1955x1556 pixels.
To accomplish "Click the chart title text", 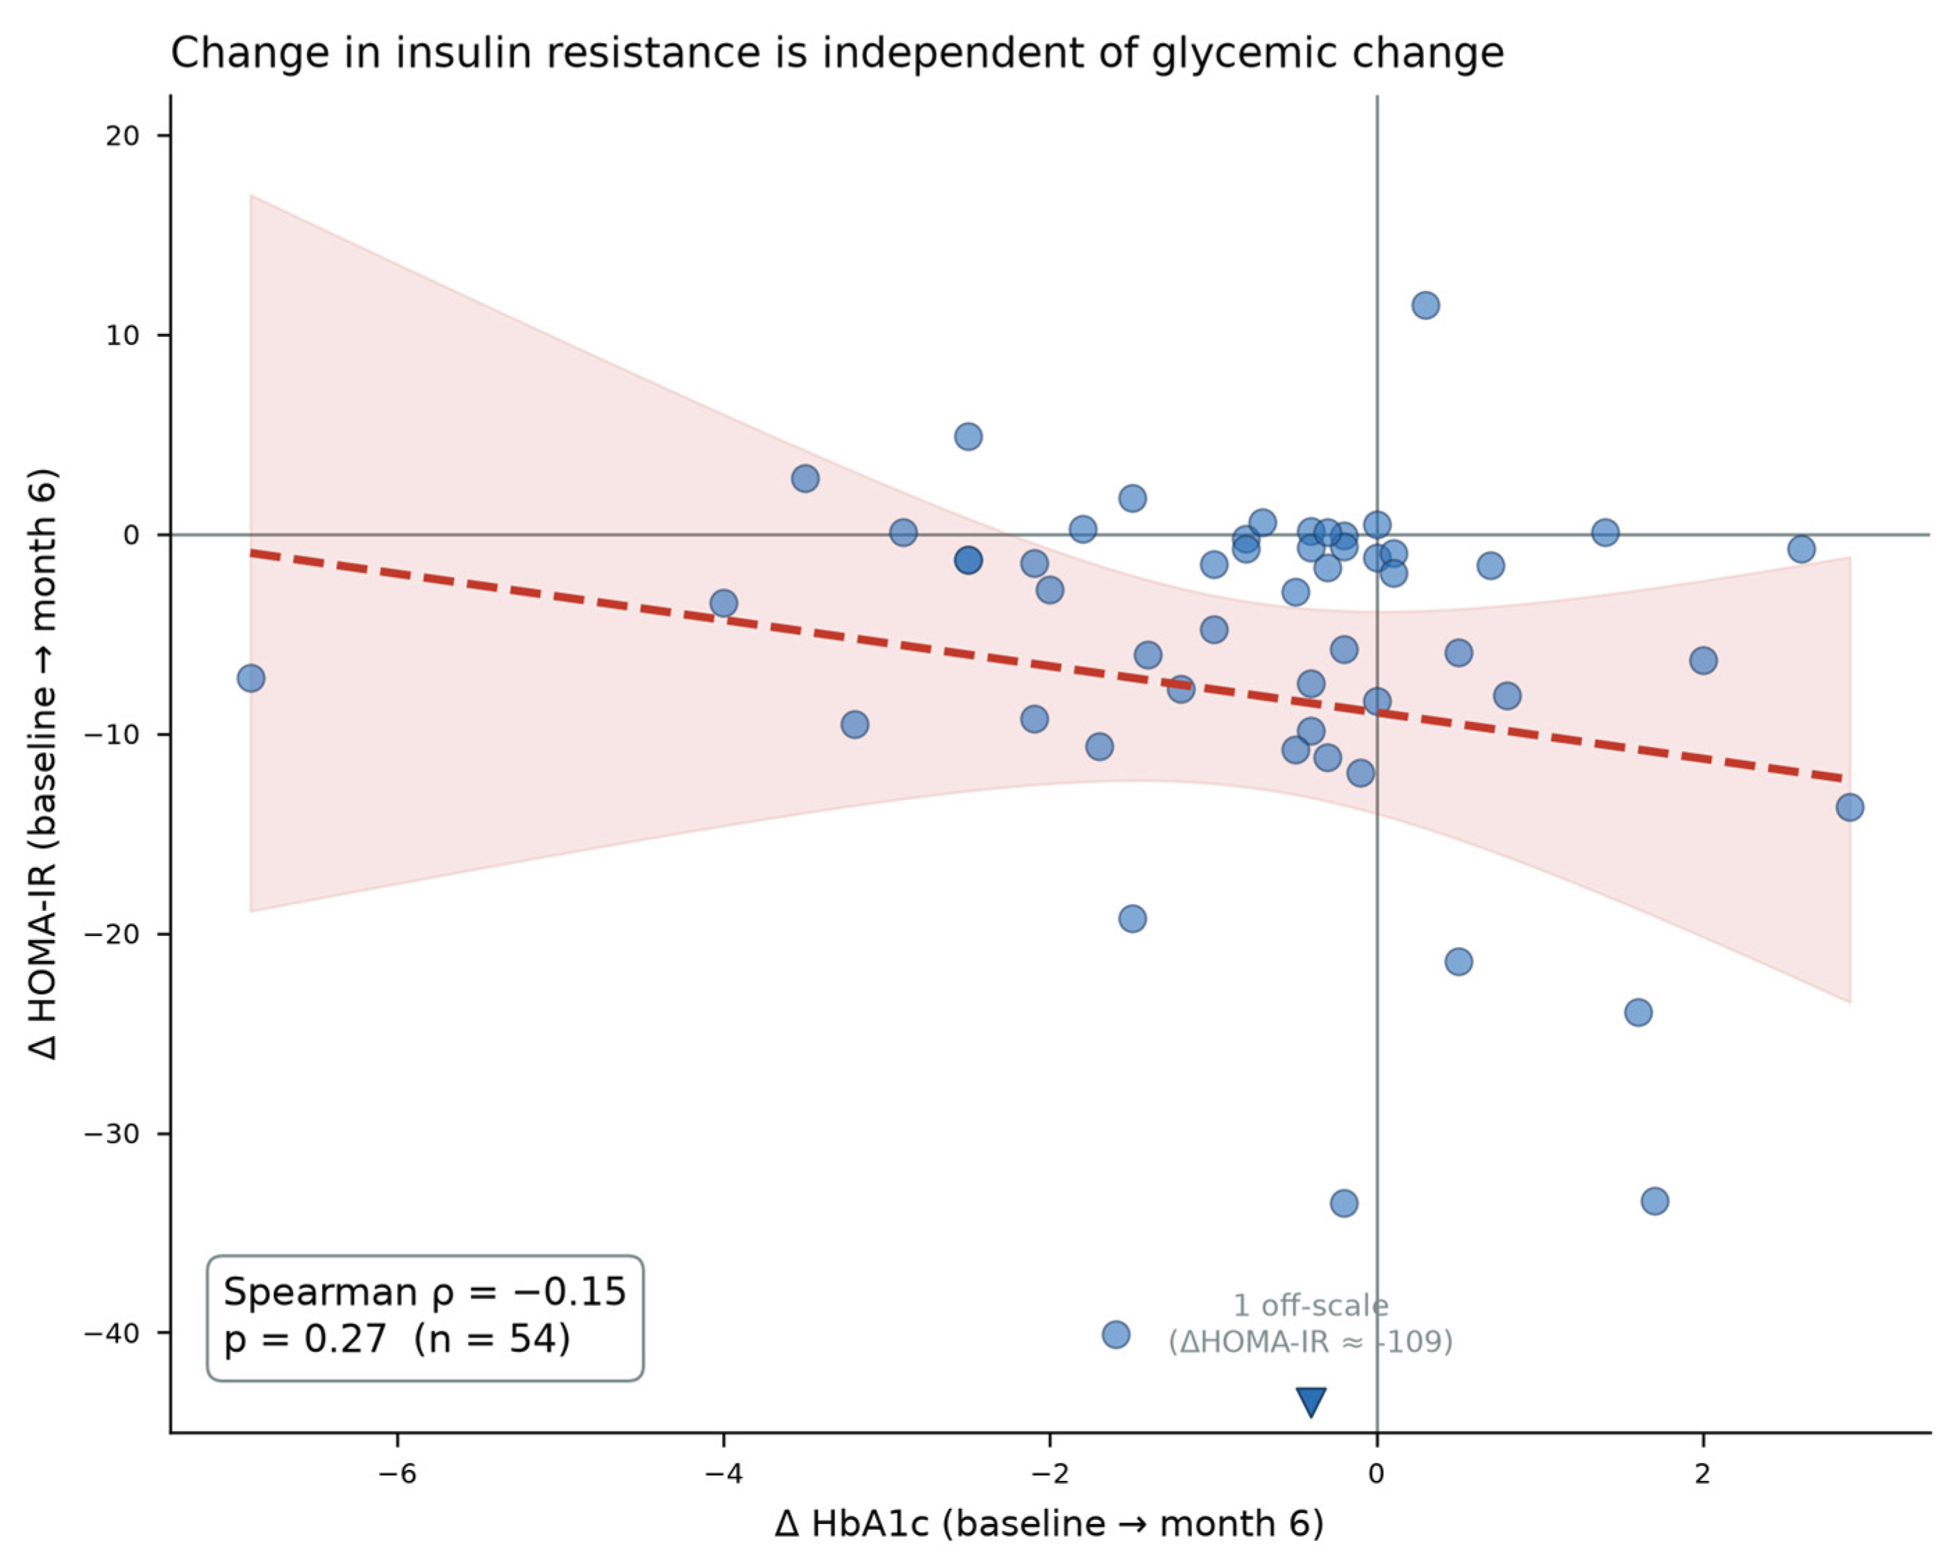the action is click(837, 53).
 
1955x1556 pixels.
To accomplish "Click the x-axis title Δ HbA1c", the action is click(1049, 1523).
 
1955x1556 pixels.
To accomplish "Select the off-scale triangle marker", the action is click(1311, 1401).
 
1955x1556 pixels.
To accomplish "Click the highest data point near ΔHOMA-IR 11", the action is click(1425, 306).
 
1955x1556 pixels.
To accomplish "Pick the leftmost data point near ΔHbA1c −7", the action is click(251, 678).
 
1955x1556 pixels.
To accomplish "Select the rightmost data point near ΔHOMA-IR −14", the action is click(1849, 807).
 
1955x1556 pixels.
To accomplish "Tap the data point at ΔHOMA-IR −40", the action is click(1116, 1335).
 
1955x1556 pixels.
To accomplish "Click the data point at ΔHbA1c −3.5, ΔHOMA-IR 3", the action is click(805, 479).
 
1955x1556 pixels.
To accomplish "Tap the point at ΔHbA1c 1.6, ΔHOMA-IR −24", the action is click(1638, 1013).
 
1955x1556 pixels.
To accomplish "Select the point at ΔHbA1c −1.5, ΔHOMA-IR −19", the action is click(1132, 919).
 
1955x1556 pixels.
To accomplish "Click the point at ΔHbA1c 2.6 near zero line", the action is click(1802, 549).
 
